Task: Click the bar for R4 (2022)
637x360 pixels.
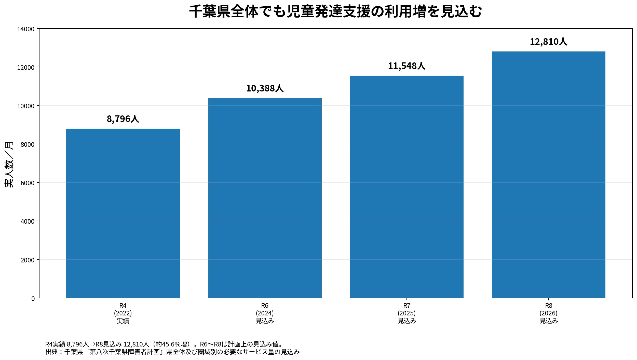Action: pyautogui.click(x=123, y=213)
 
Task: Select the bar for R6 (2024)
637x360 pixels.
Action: pyautogui.click(x=265, y=198)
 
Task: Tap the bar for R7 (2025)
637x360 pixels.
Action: pyautogui.click(x=406, y=187)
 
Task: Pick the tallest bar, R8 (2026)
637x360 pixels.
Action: pyautogui.click(x=548, y=175)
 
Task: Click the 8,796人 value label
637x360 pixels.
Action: pyautogui.click(x=123, y=119)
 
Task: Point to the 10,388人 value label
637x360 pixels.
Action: pyautogui.click(x=265, y=88)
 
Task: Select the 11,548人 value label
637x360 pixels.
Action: pyautogui.click(x=406, y=66)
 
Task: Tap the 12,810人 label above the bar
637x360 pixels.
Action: pyautogui.click(x=548, y=42)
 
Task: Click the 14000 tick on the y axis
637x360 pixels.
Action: pyautogui.click(x=26, y=29)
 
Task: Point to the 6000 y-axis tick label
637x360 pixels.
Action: pyautogui.click(x=28, y=183)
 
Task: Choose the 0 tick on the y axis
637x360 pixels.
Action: pyautogui.click(x=33, y=299)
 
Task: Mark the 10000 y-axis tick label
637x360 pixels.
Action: pyautogui.click(x=26, y=106)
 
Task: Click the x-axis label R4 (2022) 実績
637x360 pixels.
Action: pyautogui.click(x=123, y=313)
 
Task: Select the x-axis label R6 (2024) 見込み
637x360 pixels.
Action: pyautogui.click(x=265, y=313)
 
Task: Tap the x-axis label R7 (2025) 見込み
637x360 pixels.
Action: pyautogui.click(x=406, y=313)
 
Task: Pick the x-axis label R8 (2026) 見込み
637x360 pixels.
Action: pyautogui.click(x=548, y=313)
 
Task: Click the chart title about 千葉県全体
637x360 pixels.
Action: pyautogui.click(x=335, y=11)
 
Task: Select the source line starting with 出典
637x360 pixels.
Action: pyautogui.click(x=172, y=352)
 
